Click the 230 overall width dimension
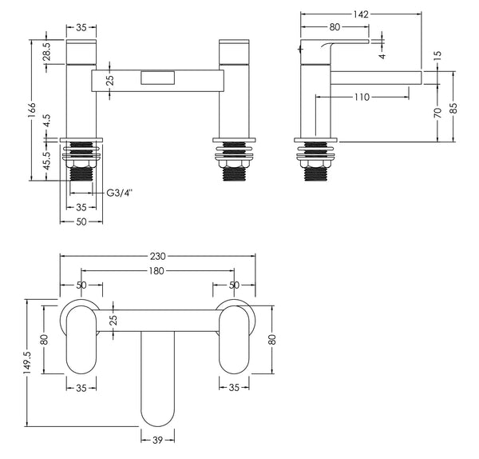tap(156, 257)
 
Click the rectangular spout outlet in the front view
tap(157, 78)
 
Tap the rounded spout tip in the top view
tap(157, 412)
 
